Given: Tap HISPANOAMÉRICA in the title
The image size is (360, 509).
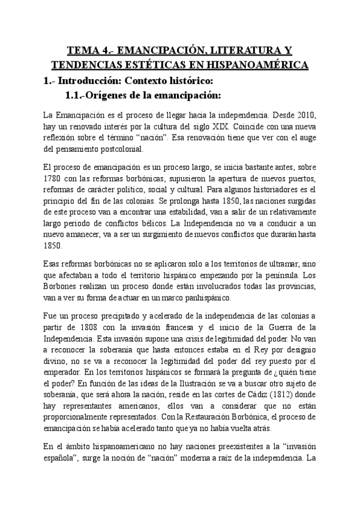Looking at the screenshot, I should [255, 64].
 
